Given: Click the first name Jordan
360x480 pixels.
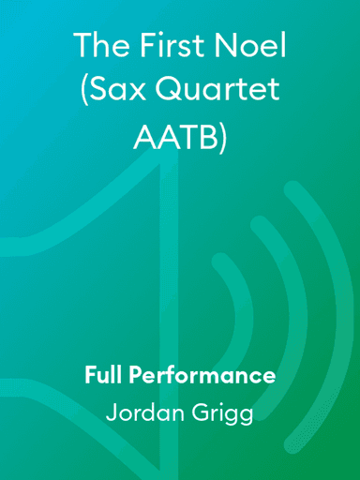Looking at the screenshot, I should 142,413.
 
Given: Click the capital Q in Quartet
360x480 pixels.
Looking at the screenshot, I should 178,91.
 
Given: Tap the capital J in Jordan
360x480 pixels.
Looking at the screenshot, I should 111,413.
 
